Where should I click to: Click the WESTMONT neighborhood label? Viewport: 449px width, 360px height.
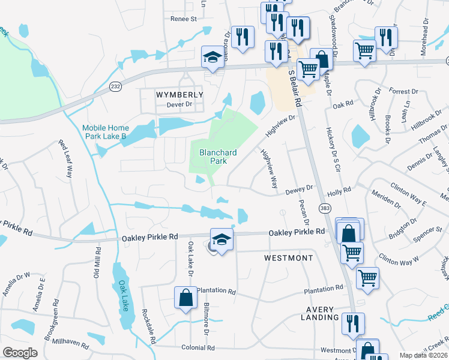click(x=289, y=258)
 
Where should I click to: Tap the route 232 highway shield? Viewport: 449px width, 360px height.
click(x=115, y=87)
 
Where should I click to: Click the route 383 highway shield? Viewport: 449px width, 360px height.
click(x=325, y=208)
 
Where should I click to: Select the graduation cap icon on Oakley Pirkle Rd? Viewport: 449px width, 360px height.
click(x=221, y=239)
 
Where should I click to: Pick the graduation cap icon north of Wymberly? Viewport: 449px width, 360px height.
click(x=211, y=57)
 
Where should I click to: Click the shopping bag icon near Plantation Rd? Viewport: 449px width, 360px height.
click(x=185, y=297)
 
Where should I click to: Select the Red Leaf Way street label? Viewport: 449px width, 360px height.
click(x=65, y=159)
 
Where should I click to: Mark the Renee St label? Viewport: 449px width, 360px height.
click(x=184, y=19)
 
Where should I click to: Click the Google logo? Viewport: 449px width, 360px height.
click(x=20, y=353)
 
